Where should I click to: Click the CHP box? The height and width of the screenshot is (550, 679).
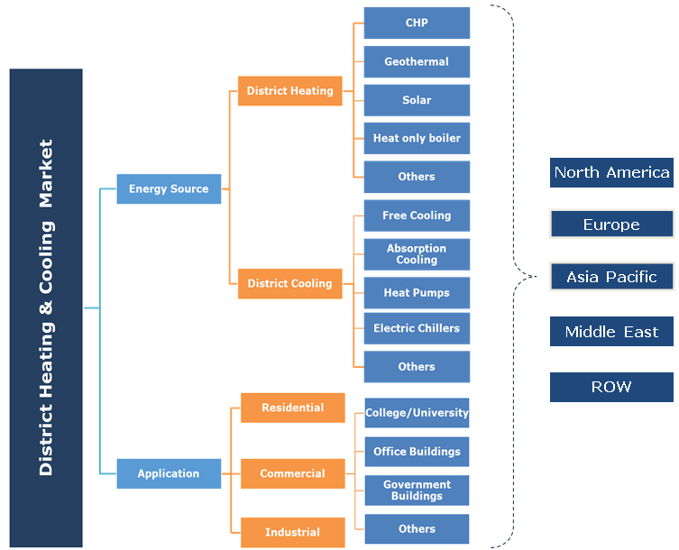(x=417, y=23)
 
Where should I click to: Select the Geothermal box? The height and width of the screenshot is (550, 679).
(x=417, y=61)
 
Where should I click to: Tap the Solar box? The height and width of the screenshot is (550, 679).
(x=417, y=100)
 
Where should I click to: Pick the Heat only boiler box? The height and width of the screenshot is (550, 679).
(x=417, y=138)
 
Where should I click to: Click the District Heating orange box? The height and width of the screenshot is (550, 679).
(x=289, y=91)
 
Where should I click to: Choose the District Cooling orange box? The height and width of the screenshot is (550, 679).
(x=289, y=283)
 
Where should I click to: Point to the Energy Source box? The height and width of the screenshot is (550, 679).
(x=169, y=188)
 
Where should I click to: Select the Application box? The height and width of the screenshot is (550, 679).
(x=169, y=473)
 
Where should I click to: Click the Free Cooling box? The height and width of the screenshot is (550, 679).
(x=417, y=215)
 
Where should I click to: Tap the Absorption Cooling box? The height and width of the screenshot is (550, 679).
(x=417, y=254)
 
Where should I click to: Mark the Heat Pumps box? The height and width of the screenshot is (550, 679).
(x=417, y=293)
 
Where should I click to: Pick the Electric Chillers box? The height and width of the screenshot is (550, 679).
(x=417, y=328)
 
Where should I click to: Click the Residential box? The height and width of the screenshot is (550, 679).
(x=292, y=408)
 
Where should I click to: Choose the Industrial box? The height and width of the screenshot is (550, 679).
(x=292, y=532)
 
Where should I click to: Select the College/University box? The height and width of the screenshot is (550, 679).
(x=417, y=413)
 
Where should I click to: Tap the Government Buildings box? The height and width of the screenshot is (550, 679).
(x=417, y=490)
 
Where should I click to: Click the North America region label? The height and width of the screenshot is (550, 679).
(x=611, y=172)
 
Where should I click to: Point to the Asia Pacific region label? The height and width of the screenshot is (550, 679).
(x=611, y=277)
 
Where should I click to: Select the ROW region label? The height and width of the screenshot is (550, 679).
(x=611, y=387)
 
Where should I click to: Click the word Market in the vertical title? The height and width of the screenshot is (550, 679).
(x=46, y=176)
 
